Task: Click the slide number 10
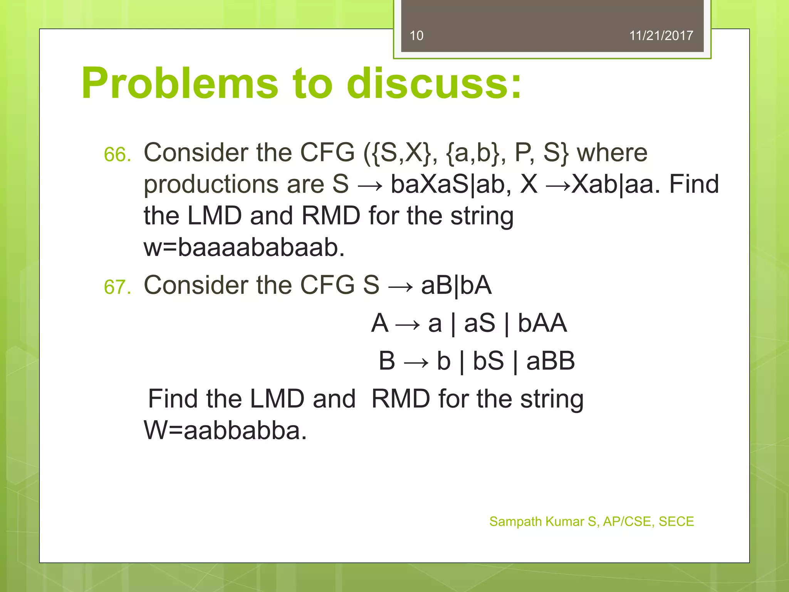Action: click(x=416, y=36)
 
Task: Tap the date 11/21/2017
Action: click(x=661, y=36)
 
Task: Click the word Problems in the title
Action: click(x=180, y=83)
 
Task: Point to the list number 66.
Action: click(x=117, y=155)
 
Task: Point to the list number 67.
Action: click(x=117, y=288)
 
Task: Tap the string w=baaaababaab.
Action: click(x=244, y=247)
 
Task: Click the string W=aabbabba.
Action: click(x=225, y=431)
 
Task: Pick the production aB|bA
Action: click(x=456, y=286)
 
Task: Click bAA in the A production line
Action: click(x=542, y=323)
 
